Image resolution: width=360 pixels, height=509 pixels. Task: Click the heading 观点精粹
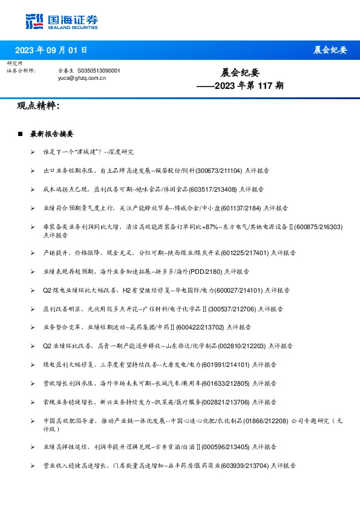point(38,106)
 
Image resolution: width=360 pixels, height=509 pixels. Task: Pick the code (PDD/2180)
point(207,272)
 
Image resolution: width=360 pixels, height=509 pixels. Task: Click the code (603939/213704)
point(244,465)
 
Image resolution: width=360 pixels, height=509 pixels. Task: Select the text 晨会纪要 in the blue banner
point(330,50)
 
